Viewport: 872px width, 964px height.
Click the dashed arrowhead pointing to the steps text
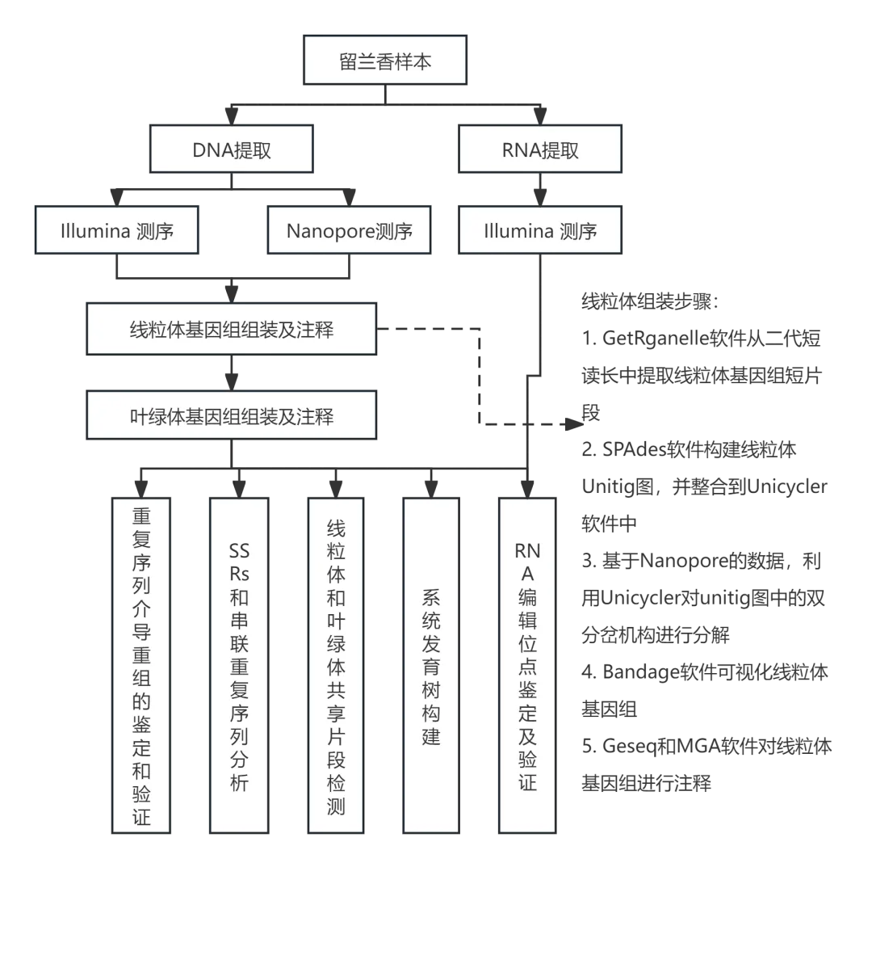[x=574, y=423]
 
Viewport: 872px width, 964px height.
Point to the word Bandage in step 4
[x=640, y=672]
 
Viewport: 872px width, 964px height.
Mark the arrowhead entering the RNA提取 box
[x=540, y=117]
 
